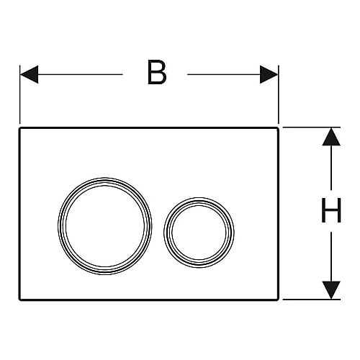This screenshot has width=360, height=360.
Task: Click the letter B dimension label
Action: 157,72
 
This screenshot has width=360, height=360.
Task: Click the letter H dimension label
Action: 331,210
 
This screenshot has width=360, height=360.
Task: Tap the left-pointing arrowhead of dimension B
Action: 29,74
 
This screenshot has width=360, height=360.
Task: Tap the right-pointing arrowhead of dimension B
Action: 269,74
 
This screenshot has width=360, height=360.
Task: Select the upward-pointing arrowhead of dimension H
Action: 331,137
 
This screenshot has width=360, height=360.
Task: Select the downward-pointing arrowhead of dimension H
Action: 331,290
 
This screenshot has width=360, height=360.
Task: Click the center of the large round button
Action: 105,226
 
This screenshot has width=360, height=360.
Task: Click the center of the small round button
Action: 199,233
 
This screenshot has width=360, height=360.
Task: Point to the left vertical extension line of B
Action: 19,94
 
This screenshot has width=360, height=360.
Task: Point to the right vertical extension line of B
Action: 279,94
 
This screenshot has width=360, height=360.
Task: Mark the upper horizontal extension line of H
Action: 312,127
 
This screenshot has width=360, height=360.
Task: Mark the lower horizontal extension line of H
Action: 312,300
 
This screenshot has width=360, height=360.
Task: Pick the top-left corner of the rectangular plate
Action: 19,128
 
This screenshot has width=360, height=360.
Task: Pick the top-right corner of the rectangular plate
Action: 279,128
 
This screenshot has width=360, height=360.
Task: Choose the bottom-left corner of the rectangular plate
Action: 19,300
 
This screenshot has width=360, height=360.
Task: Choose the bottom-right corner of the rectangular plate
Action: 279,300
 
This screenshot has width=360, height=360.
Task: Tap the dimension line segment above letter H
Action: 331,168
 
